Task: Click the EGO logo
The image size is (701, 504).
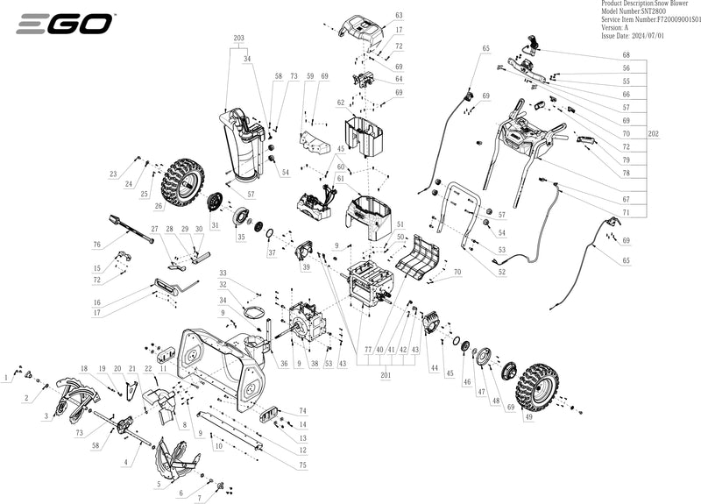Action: [x=64, y=24]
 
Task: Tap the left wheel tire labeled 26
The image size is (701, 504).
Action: [x=182, y=181]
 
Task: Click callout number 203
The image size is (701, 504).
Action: [x=238, y=38]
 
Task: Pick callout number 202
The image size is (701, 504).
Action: [x=653, y=134]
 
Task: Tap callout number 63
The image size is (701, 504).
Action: [x=399, y=16]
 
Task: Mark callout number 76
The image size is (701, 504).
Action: [x=97, y=245]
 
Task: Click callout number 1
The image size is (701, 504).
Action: [x=7, y=377]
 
